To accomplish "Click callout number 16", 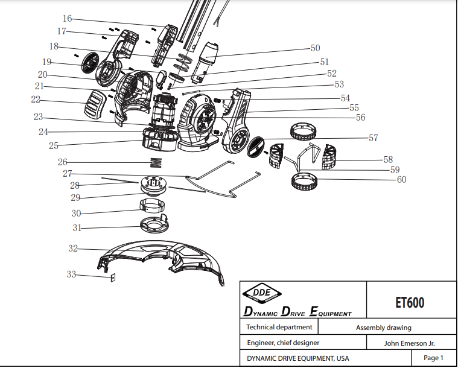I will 67,18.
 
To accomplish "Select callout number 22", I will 36,99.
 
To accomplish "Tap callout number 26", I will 62,162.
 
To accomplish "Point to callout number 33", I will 71,274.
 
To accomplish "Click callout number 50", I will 315,48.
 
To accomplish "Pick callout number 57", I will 374,138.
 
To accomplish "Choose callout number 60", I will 401,179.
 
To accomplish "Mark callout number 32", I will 72,248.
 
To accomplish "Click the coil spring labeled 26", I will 156,162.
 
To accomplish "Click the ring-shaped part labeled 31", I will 151,226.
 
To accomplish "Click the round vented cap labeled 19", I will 89,62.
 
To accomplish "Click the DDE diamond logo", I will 262,294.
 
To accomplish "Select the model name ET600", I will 411,302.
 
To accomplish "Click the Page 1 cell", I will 433,358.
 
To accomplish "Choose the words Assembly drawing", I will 383,328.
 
